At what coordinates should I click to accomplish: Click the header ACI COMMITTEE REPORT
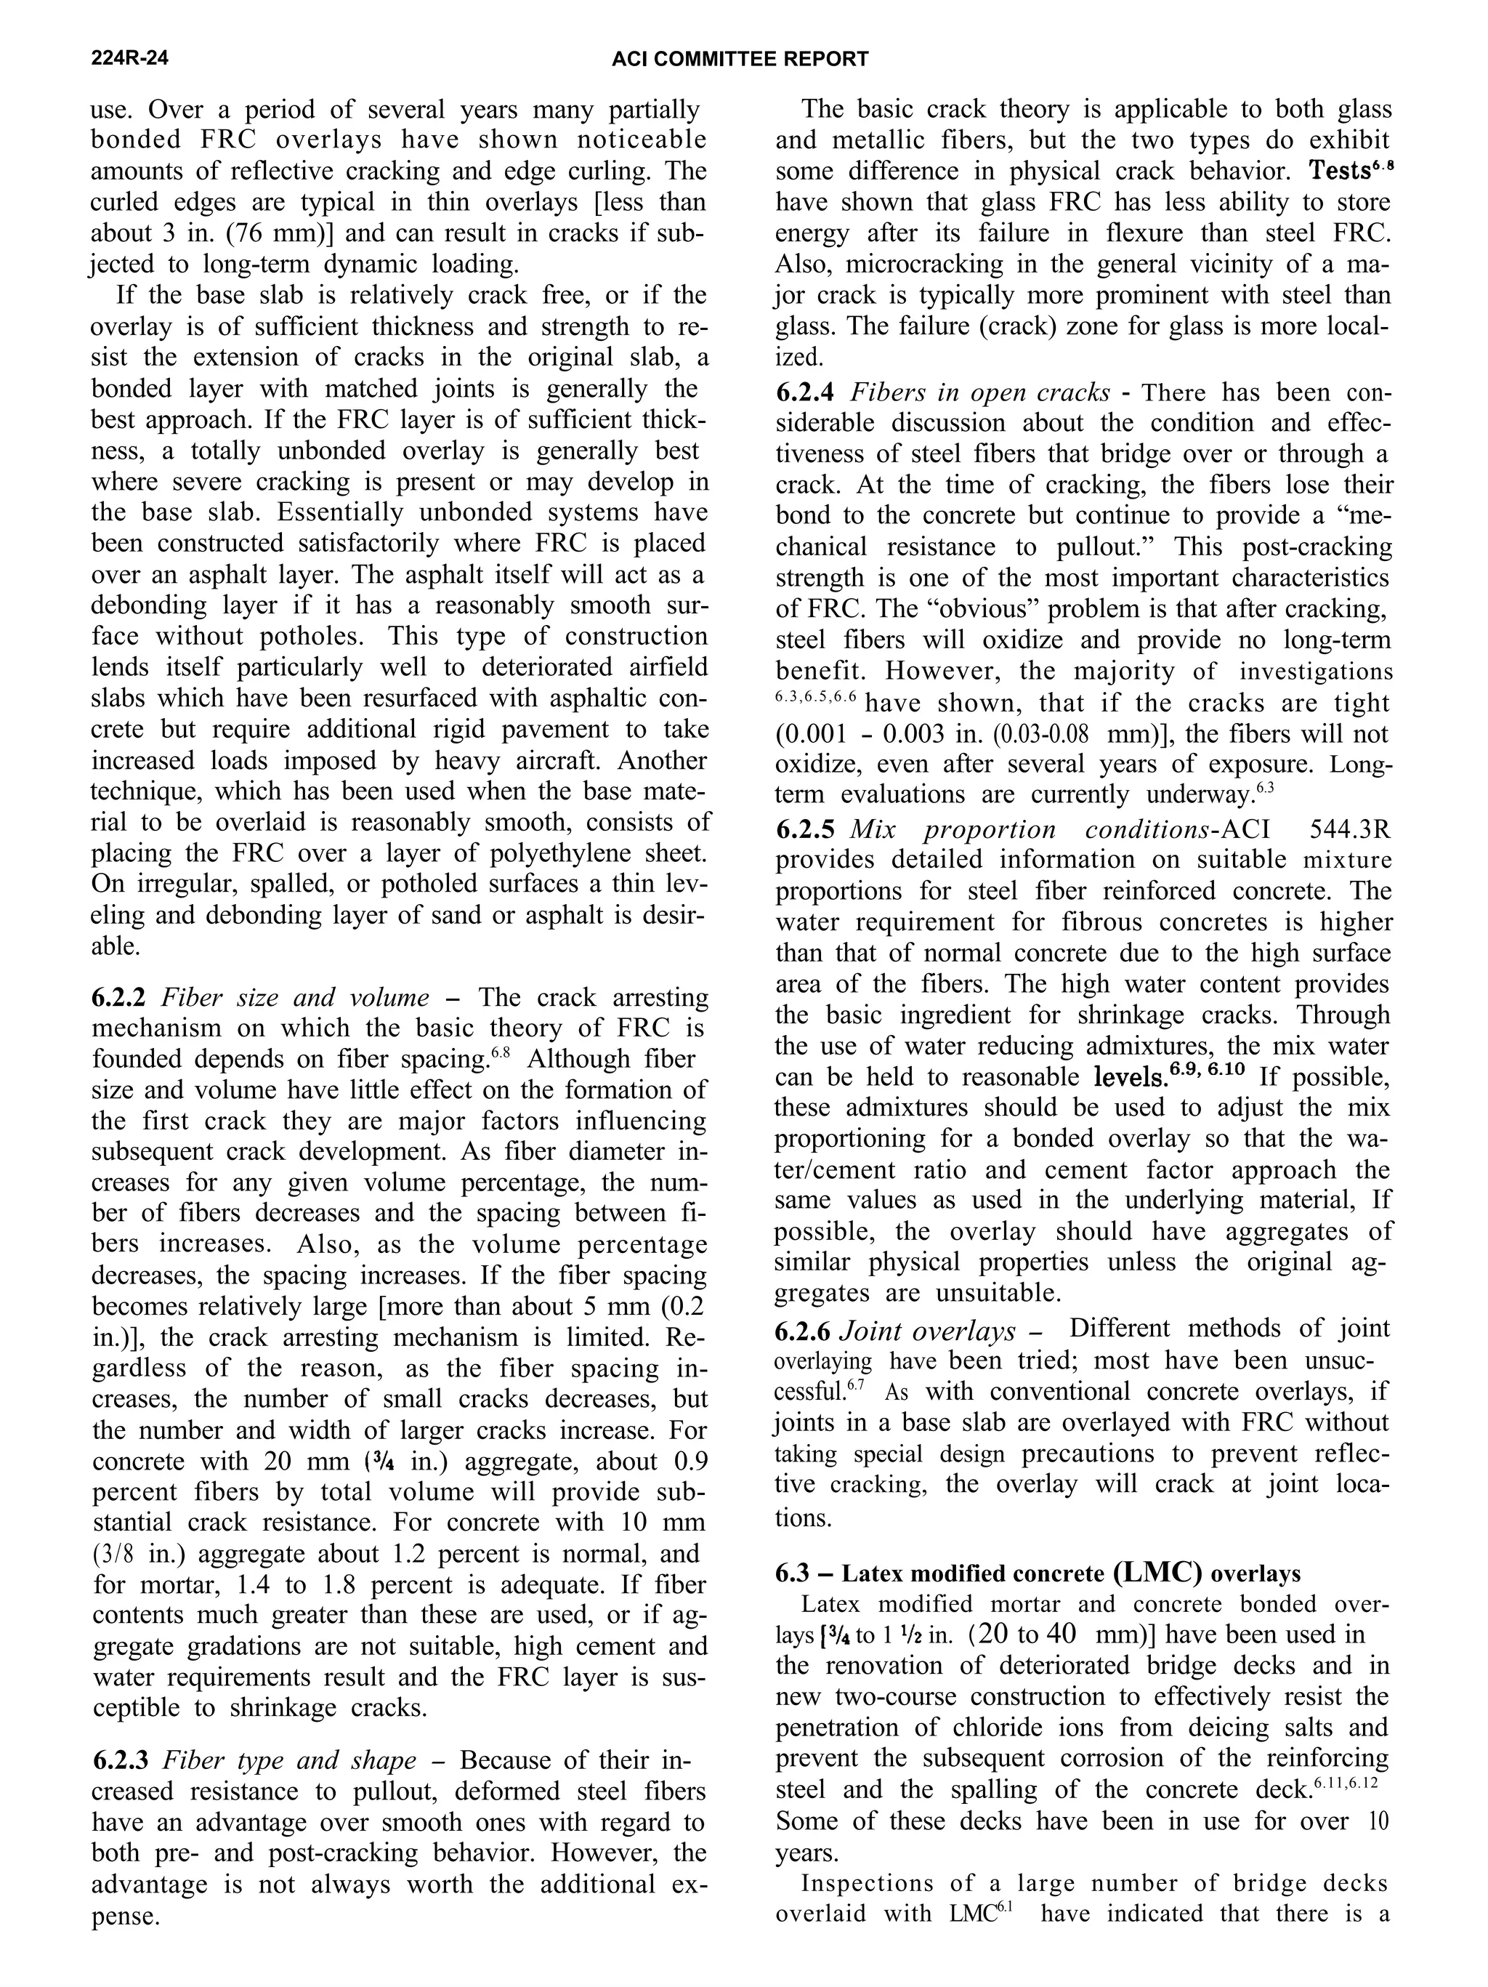coord(739,60)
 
